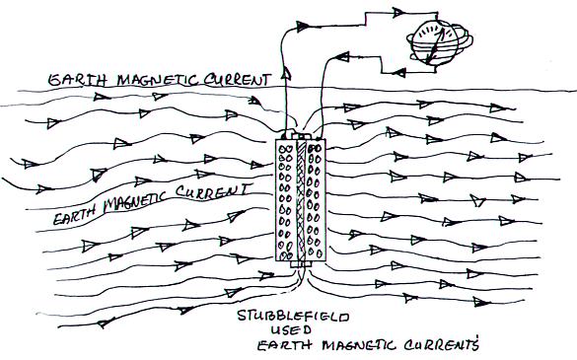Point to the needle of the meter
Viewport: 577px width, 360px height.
click(435, 45)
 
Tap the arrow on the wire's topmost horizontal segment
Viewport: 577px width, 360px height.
click(397, 12)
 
